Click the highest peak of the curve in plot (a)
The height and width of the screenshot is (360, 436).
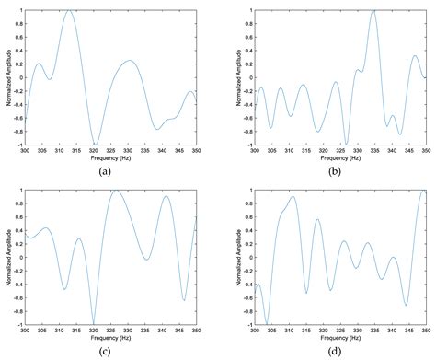click(69, 11)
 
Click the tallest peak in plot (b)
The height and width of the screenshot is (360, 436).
click(373, 11)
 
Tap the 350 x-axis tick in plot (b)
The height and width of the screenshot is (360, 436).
click(428, 150)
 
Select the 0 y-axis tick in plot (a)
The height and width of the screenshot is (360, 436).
click(19, 77)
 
